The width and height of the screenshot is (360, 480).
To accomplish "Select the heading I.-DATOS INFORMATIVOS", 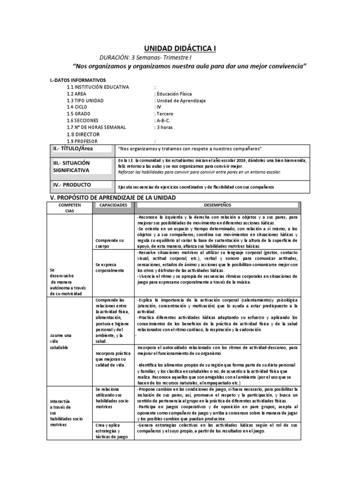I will pyautogui.click(x=78, y=80).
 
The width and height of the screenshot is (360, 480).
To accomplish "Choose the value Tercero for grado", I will pyautogui.click(x=165, y=114).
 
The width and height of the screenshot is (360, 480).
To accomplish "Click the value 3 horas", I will pyautogui.click(x=165, y=127).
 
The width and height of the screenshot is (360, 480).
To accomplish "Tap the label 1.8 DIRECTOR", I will pyautogui.click(x=83, y=135).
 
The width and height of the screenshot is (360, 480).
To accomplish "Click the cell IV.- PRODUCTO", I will pyautogui.click(x=72, y=185).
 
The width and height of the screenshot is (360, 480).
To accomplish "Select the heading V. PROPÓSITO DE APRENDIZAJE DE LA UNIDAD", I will pyautogui.click(x=113, y=198).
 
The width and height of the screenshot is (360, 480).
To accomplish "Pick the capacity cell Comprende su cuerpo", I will pyautogui.click(x=110, y=243).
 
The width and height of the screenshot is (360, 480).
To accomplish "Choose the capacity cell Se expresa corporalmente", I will pyautogui.click(x=109, y=268).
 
